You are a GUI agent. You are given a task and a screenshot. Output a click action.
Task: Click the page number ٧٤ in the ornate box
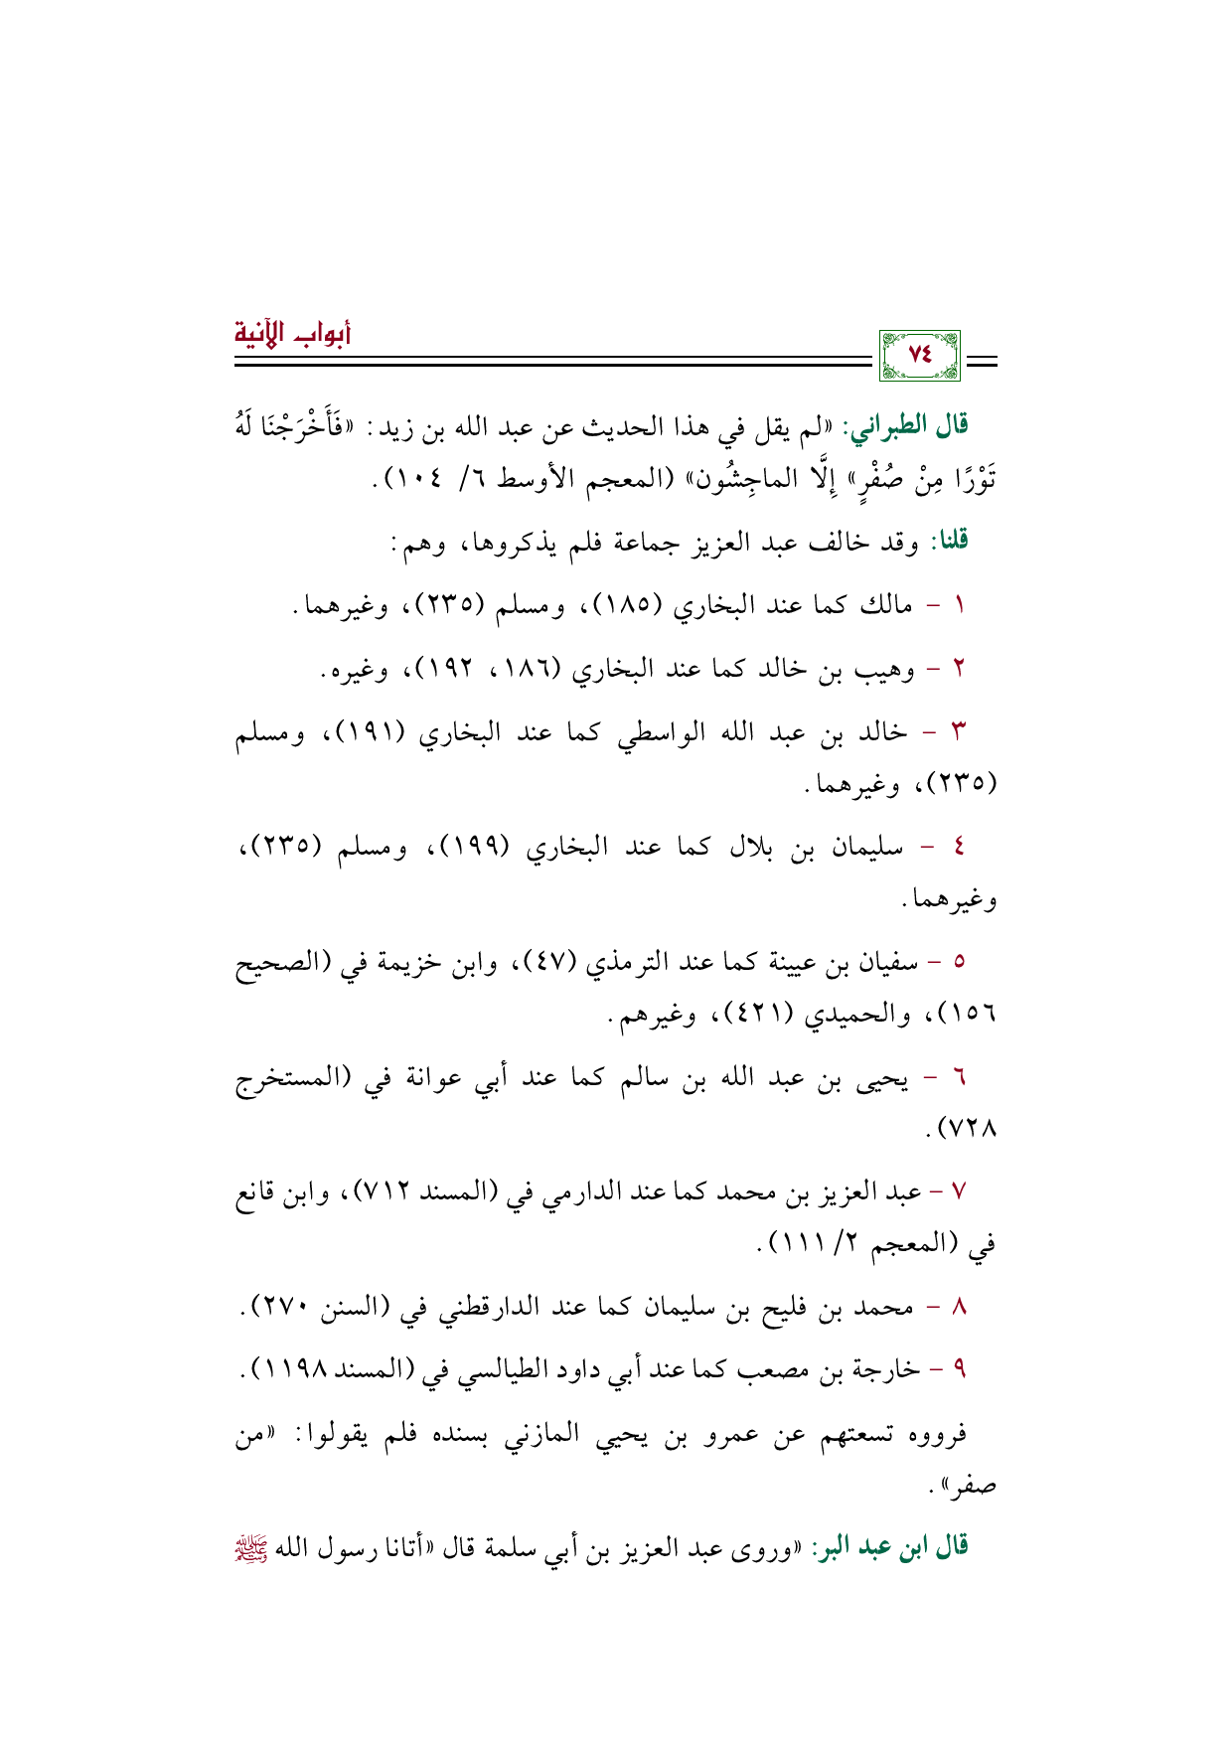coord(920,355)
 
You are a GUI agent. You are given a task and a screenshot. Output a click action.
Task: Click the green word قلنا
coord(948,542)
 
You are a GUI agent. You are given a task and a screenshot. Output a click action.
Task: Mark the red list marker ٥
coord(959,963)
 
